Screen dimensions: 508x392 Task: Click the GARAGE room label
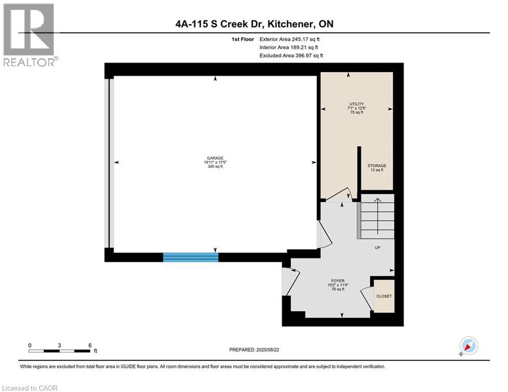point(215,158)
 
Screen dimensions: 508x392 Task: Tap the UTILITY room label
point(355,104)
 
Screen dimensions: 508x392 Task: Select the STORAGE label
point(377,165)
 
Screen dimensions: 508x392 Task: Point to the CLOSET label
point(384,296)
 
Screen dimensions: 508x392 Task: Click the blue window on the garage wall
point(190,257)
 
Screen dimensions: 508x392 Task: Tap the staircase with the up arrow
point(377,217)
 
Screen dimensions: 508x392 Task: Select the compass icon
point(468,346)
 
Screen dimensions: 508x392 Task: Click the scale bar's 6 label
point(90,345)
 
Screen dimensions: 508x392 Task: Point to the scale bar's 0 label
point(30,345)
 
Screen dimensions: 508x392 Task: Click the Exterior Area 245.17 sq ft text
point(289,39)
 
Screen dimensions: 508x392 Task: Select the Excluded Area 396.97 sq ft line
point(291,56)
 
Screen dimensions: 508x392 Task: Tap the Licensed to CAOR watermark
point(30,388)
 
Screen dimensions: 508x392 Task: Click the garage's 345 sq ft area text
point(215,167)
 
